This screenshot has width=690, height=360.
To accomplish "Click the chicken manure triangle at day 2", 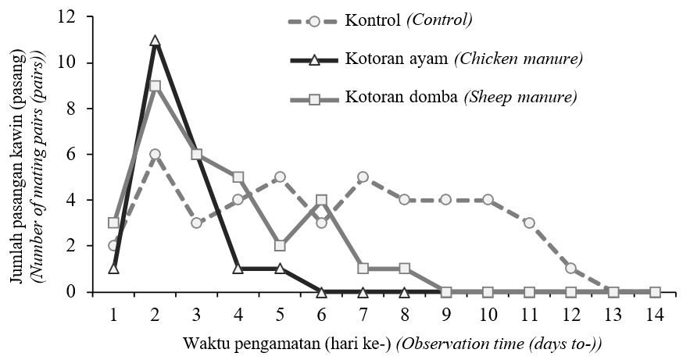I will click(x=155, y=41).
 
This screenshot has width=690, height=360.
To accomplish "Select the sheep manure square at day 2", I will click(x=155, y=86).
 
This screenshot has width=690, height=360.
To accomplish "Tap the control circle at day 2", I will click(x=155, y=155).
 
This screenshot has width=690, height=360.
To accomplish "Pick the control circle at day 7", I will click(x=363, y=177).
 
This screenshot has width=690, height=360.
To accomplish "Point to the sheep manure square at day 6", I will click(x=322, y=200).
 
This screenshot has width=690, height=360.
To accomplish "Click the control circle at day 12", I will click(x=571, y=269).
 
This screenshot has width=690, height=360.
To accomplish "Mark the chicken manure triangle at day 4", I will click(x=238, y=269).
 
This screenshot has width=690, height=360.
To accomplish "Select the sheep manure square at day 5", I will click(x=280, y=246).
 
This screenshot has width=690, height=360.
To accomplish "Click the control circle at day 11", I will click(x=530, y=223).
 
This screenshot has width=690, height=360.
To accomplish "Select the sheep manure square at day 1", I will click(x=113, y=223).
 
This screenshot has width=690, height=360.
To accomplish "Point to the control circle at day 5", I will click(x=280, y=177).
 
